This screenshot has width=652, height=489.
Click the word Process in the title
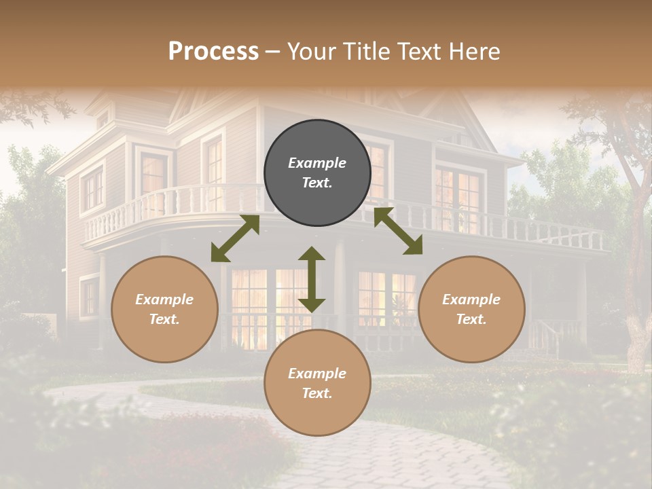[x=213, y=51]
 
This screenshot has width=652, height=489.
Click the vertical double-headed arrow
[x=312, y=280]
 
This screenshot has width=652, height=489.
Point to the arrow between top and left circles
[x=235, y=238]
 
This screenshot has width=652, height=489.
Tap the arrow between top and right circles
[x=398, y=231]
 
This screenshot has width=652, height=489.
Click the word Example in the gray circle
[x=317, y=163]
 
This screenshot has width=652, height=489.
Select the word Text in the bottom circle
[x=317, y=393]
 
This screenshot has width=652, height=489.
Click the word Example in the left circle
[x=164, y=300]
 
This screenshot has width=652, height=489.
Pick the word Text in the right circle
[x=471, y=319]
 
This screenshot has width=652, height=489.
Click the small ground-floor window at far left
[x=89, y=297]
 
